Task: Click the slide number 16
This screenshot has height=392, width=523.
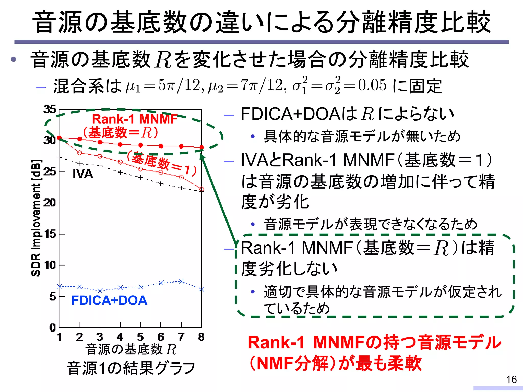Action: coord(511,379)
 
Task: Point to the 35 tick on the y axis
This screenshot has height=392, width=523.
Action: coord(50,109)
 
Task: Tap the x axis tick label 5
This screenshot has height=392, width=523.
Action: coord(140,337)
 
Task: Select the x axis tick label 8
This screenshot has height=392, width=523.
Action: coord(201,337)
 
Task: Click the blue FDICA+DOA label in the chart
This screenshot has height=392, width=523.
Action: coord(109,300)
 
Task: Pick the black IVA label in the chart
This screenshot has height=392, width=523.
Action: coord(83,174)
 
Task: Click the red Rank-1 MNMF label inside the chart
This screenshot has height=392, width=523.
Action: coord(135,119)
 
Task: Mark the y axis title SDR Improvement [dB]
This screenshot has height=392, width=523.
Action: coord(36,218)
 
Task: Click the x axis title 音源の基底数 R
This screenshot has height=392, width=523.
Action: coord(131,349)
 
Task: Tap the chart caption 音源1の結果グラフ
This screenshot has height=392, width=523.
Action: coord(131,368)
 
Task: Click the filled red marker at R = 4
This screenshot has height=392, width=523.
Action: coord(120,145)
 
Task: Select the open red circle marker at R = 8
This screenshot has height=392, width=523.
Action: coord(201,189)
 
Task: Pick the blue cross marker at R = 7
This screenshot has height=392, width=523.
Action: coord(181,281)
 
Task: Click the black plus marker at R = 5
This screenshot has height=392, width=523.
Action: coord(140,177)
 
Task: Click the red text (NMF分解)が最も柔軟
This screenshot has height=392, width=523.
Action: coord(335,363)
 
